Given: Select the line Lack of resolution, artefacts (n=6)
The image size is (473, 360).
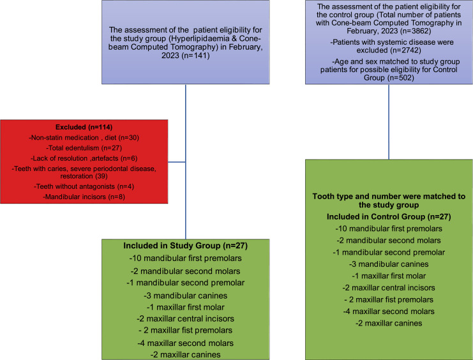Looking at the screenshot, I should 85,158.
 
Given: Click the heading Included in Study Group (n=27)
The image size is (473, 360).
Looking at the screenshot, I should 185,245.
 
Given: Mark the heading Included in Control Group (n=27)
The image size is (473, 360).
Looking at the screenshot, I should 389,217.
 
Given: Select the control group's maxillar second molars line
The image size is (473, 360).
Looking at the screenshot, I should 389,311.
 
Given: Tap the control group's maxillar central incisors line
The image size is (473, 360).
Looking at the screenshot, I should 389,288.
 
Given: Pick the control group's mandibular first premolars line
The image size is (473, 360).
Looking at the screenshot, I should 389,229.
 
